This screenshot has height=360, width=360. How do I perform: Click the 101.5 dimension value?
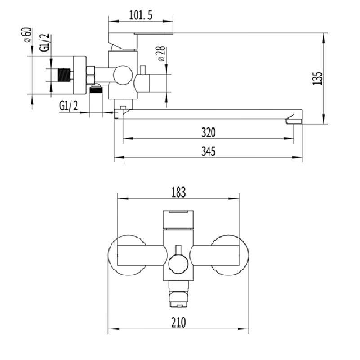pyautogui.click(x=141, y=15)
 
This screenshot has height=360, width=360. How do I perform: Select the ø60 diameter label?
pyautogui.click(x=27, y=35)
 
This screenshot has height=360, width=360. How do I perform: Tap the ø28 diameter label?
pyautogui.click(x=161, y=54)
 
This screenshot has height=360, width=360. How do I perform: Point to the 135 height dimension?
pyautogui.click(x=318, y=78)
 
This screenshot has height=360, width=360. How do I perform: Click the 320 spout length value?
pyautogui.click(x=209, y=132)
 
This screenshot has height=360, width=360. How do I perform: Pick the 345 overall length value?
pyautogui.click(x=209, y=151)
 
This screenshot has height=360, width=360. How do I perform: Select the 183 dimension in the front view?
pyautogui.click(x=178, y=192)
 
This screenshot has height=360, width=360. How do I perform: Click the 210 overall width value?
pyautogui.click(x=178, y=322)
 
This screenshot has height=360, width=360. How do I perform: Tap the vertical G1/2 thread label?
pyautogui.click(x=44, y=43)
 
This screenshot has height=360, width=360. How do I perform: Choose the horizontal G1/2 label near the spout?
pyautogui.click(x=69, y=106)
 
